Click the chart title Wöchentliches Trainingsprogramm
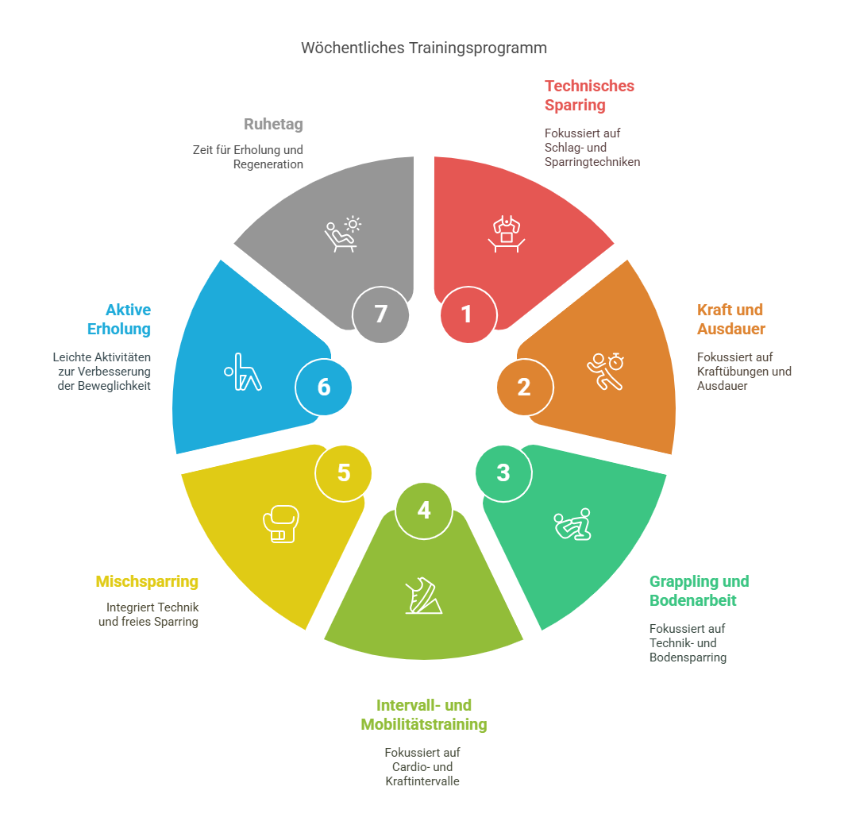pyautogui.click(x=423, y=48)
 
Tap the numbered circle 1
pyautogui.click(x=468, y=314)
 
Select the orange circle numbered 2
pyautogui.click(x=525, y=388)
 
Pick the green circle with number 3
pyautogui.click(x=503, y=473)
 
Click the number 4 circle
pyautogui.click(x=424, y=511)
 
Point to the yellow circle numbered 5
pyautogui.click(x=343, y=473)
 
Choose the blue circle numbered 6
pyautogui.click(x=323, y=388)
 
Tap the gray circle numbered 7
pyautogui.click(x=380, y=314)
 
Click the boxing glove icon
pyautogui.click(x=280, y=524)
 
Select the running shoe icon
pyautogui.click(x=422, y=596)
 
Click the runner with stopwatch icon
pyautogui.click(x=604, y=371)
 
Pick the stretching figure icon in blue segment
pyautogui.click(x=243, y=372)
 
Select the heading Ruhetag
pyautogui.click(x=273, y=125)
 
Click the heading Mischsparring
pyautogui.click(x=147, y=582)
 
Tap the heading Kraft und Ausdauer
pyautogui.click(x=730, y=319)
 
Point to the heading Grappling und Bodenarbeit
pyautogui.click(x=699, y=591)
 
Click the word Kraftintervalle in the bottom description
pyautogui.click(x=422, y=781)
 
